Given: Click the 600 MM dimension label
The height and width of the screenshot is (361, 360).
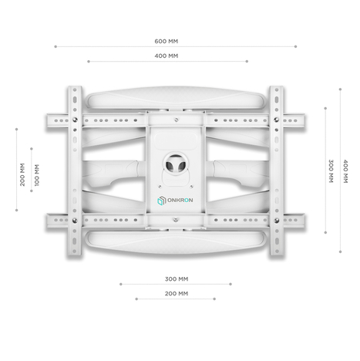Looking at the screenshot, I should (166, 41).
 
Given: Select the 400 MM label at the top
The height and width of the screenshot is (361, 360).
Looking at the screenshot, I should (166, 56).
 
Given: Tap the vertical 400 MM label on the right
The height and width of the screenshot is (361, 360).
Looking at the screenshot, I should (346, 170).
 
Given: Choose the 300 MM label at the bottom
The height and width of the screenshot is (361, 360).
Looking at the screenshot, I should (177, 278).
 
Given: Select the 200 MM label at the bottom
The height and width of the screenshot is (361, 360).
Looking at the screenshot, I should (177, 293).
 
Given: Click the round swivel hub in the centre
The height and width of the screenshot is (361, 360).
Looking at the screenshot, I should (176, 164).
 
